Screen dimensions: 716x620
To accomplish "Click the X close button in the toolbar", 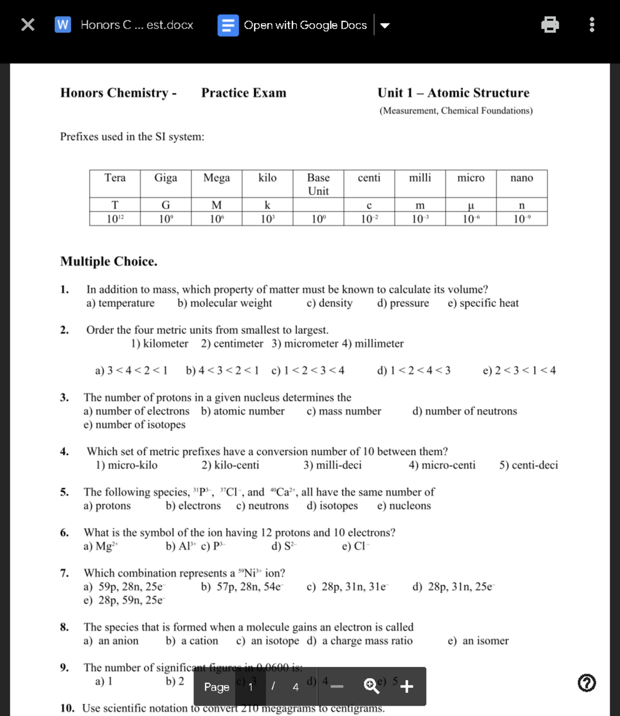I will [x=28, y=24].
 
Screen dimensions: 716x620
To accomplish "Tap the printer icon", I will [x=550, y=24].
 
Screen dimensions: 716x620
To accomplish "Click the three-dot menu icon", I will [x=592, y=24].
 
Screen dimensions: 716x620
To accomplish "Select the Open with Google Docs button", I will [x=293, y=25].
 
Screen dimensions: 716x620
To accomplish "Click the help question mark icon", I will [x=586, y=683].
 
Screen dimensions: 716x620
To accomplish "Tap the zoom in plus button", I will [x=407, y=686].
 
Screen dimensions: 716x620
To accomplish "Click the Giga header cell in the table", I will [x=165, y=178].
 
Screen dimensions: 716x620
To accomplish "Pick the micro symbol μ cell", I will [x=470, y=205].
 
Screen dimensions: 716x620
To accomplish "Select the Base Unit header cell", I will [x=318, y=184].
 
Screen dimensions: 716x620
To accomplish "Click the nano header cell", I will [x=521, y=178].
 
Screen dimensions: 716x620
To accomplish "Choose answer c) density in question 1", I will [x=330, y=303].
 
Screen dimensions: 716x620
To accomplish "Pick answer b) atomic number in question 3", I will [x=243, y=411].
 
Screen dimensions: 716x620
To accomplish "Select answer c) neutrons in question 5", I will [x=262, y=506].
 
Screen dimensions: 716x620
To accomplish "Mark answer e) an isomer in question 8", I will [x=478, y=641].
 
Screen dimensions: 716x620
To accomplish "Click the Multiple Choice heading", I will [x=109, y=261].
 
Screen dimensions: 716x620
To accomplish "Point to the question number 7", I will [x=64, y=573].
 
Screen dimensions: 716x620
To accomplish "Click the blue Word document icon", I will [x=63, y=24].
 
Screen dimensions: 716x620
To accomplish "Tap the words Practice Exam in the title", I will [x=243, y=93].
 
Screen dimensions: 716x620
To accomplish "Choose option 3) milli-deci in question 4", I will [x=332, y=465].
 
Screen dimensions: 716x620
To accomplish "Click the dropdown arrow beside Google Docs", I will [x=385, y=25].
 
